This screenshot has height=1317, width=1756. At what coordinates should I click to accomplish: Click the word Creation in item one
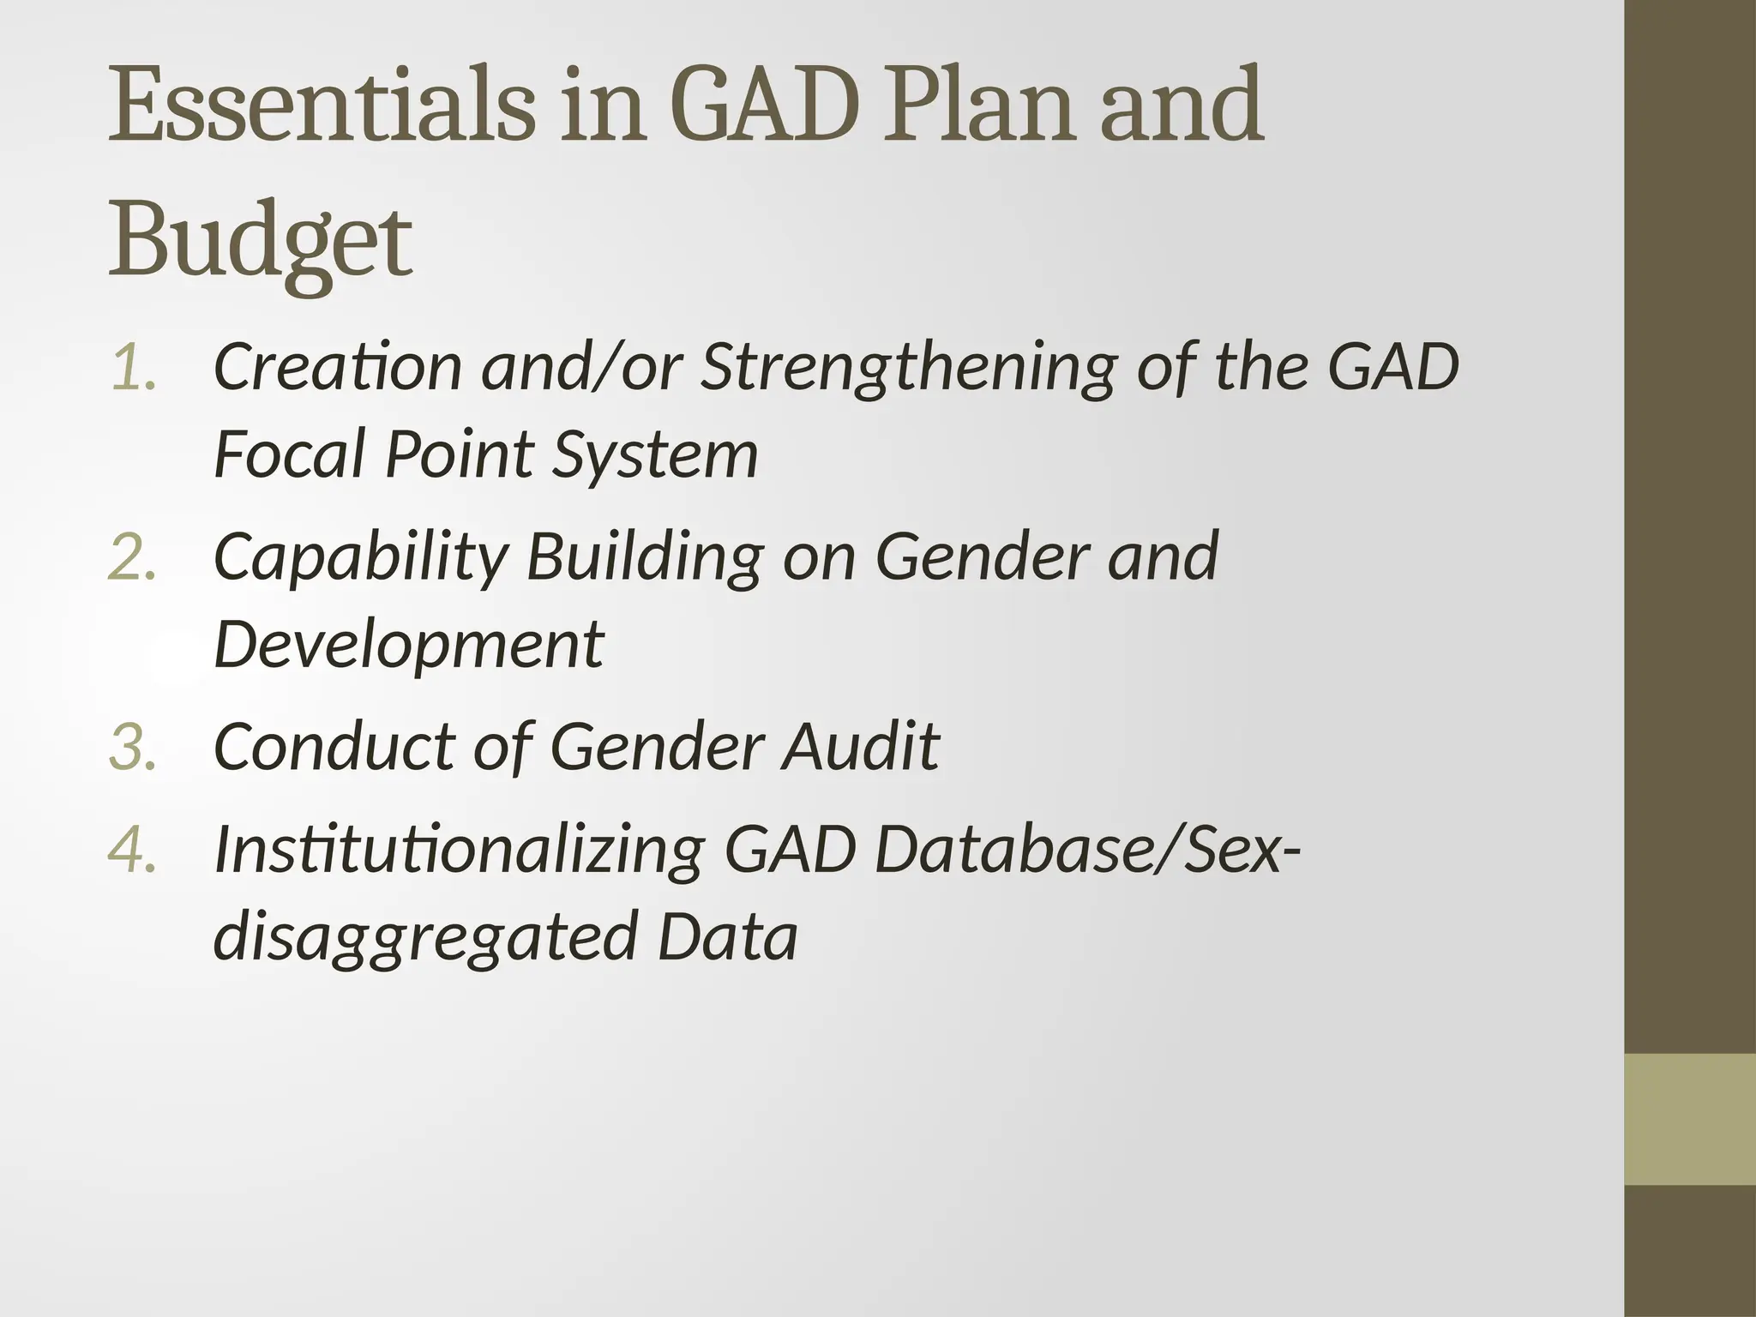[337, 367]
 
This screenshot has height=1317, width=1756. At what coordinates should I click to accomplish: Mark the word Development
[409, 646]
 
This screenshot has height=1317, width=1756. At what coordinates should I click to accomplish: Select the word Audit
[860, 746]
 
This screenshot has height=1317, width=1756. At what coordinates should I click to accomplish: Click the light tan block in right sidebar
[1690, 1120]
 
